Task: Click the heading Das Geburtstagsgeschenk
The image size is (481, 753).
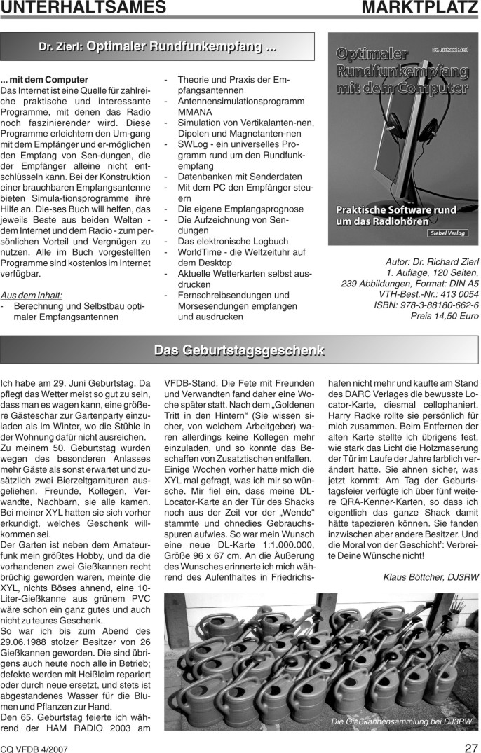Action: (239, 350)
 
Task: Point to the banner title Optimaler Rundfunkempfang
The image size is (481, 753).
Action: (181, 48)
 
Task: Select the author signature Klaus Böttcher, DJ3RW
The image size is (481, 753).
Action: (431, 558)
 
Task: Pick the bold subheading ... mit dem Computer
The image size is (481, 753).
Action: (44, 80)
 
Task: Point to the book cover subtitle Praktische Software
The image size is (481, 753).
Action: (396, 210)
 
